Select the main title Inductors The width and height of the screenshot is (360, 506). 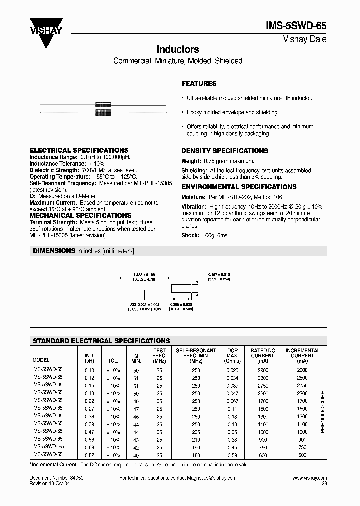178,50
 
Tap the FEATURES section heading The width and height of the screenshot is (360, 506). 199,83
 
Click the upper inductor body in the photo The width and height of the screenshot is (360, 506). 102,105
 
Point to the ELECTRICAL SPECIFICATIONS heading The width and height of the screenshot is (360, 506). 79,150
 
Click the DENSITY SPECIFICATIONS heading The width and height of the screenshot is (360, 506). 224,151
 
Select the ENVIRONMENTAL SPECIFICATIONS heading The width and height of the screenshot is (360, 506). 239,187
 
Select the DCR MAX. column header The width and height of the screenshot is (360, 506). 233,356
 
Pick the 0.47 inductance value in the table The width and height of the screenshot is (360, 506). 89,432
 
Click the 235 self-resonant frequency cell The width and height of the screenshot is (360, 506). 196,432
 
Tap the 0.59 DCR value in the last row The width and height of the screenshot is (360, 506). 233,455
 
